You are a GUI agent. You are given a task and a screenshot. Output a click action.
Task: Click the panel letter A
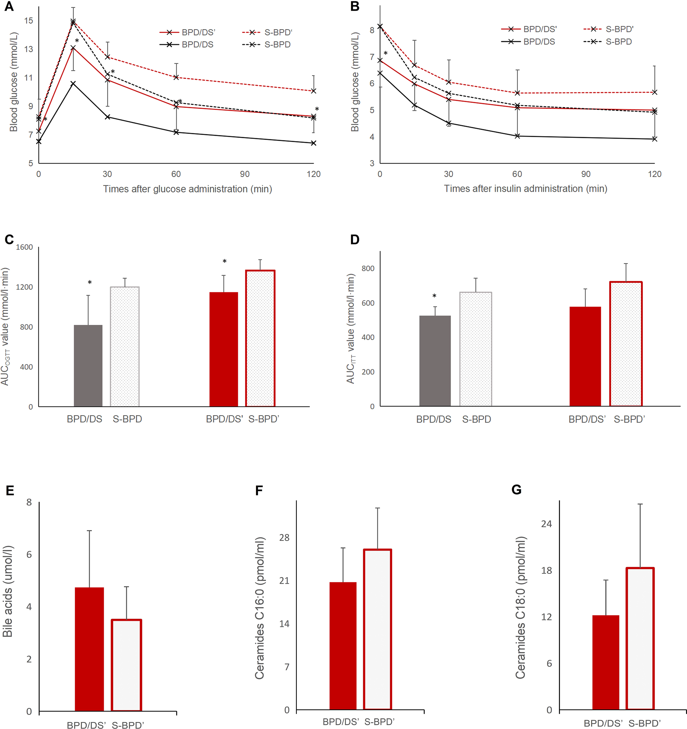click(x=9, y=7)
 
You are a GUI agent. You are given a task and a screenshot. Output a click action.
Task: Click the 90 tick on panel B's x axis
click(x=586, y=174)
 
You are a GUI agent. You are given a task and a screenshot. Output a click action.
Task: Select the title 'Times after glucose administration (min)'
click(x=187, y=189)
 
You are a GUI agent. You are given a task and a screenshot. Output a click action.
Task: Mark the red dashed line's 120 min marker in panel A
click(x=313, y=91)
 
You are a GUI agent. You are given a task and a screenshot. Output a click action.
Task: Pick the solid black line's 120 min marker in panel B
click(x=655, y=139)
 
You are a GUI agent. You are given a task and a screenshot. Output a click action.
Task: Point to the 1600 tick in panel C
click(x=24, y=247)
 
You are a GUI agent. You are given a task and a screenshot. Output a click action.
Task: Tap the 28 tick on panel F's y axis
click(x=284, y=538)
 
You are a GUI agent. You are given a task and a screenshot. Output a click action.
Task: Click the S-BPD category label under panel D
click(x=476, y=419)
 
